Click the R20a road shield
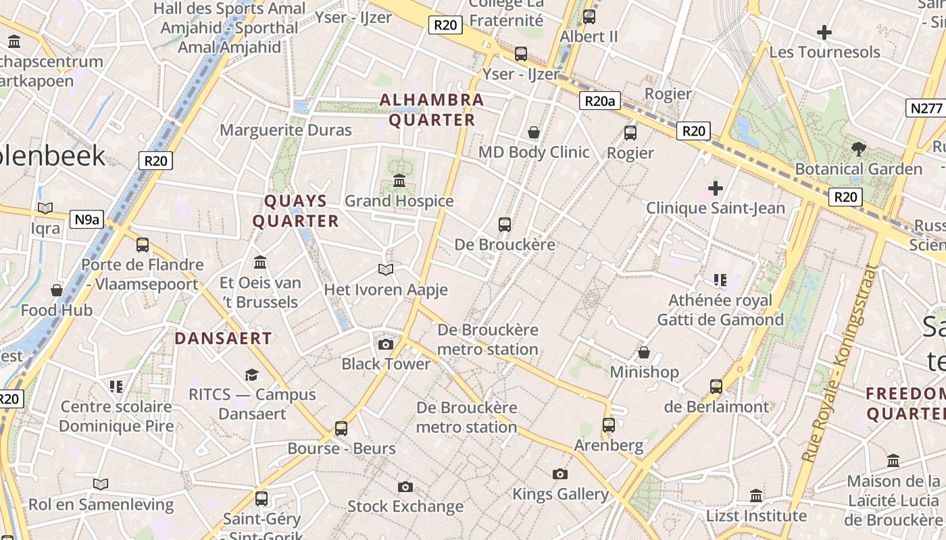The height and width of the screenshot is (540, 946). click(599, 101)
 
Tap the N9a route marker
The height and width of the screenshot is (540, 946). click(87, 219)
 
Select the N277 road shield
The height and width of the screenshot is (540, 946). click(925, 108)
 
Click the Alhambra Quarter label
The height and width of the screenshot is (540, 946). click(431, 110)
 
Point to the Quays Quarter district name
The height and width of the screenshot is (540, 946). click(295, 211)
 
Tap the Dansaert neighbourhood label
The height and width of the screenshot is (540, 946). click(223, 338)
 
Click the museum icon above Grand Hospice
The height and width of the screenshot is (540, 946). click(399, 181)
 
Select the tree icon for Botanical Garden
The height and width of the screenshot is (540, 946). click(859, 148)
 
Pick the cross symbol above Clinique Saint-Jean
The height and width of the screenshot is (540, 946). click(716, 188)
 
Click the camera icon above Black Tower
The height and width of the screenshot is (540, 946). click(386, 345)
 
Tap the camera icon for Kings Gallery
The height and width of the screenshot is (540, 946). click(560, 475)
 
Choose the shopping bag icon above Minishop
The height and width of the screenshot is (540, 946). click(644, 352)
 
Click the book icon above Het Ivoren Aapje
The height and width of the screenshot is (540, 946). click(386, 270)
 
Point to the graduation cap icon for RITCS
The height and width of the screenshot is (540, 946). click(252, 375)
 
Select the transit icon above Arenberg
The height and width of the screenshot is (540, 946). click(609, 425)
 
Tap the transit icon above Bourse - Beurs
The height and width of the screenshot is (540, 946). click(341, 428)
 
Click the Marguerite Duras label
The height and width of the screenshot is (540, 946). click(286, 130)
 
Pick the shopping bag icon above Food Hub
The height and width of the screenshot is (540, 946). click(57, 290)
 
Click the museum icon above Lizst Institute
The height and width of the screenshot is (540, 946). click(756, 496)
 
